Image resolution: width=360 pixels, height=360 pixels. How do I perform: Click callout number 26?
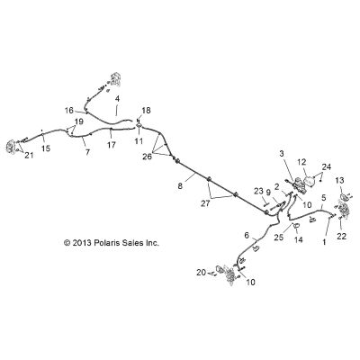click(147, 157)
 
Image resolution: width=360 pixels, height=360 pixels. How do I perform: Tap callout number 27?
click(206, 203)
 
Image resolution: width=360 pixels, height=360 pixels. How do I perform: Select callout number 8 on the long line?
click(180, 186)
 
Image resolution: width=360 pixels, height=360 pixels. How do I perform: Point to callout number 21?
click(29, 155)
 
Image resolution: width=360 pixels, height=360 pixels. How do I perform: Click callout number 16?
click(69, 111)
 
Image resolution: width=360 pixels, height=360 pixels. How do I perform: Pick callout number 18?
click(146, 111)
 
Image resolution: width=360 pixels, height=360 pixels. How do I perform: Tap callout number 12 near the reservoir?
click(301, 162)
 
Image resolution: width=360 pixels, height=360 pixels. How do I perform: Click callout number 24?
click(327, 166)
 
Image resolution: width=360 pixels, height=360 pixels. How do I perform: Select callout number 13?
click(340, 180)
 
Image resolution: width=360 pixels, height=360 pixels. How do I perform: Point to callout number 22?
click(341, 236)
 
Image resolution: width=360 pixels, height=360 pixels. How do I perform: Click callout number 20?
click(202, 273)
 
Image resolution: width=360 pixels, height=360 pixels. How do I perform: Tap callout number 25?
click(279, 238)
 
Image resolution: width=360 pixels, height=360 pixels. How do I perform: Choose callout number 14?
click(299, 239)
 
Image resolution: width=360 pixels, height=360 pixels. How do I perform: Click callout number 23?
click(258, 190)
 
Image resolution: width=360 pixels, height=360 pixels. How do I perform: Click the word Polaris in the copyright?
click(106, 243)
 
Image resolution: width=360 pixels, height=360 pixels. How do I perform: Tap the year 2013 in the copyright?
click(82, 243)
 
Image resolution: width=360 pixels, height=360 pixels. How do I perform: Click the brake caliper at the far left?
click(11, 147)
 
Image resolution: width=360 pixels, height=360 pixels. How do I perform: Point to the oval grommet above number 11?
click(139, 125)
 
